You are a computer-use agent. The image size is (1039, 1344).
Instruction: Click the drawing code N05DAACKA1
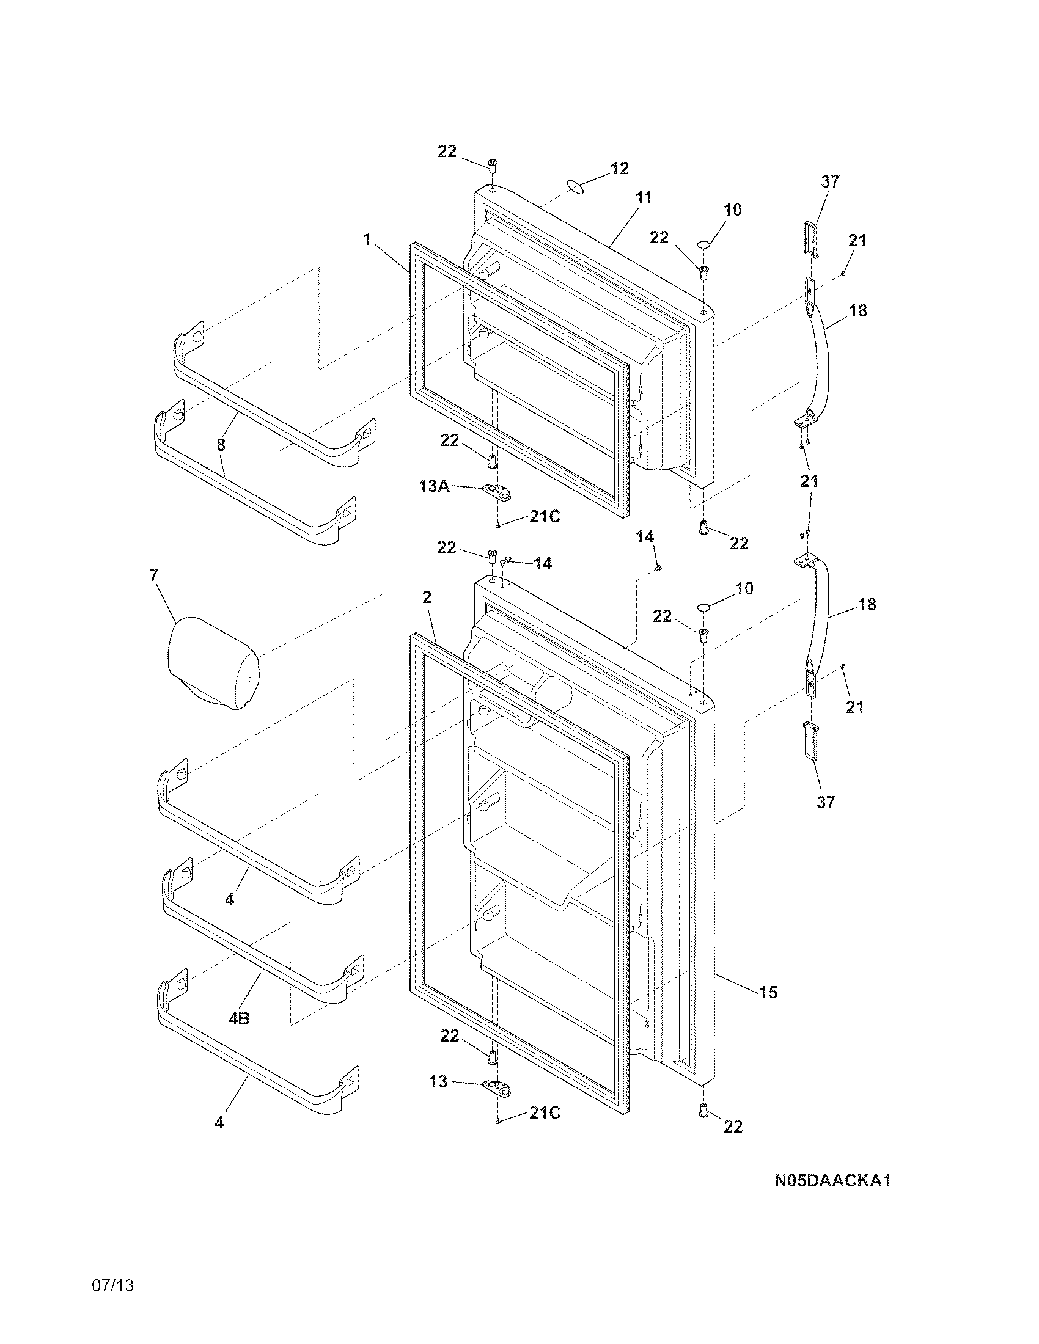click(x=832, y=1181)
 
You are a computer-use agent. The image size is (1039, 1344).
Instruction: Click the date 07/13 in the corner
click(x=112, y=1304)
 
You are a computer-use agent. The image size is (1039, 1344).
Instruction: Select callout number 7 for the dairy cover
click(x=153, y=575)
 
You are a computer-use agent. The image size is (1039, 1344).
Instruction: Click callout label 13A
click(x=434, y=486)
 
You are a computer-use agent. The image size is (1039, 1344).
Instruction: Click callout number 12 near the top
click(x=619, y=168)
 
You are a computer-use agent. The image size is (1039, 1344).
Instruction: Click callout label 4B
click(x=239, y=1019)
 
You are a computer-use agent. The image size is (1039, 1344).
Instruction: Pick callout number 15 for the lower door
click(x=768, y=992)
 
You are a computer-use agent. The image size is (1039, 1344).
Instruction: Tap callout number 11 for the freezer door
click(x=643, y=198)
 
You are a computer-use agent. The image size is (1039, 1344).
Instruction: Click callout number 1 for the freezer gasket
click(x=367, y=239)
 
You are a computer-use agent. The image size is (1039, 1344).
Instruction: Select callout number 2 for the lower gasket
click(x=427, y=597)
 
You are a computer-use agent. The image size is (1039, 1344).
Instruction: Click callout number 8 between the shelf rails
click(x=221, y=444)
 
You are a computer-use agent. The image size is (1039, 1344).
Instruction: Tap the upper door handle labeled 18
click(x=820, y=357)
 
